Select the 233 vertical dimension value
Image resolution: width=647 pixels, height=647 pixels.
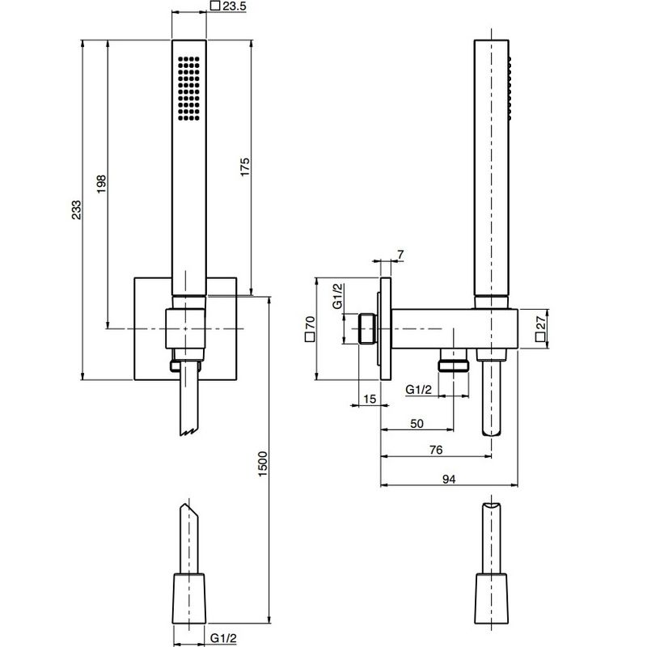tap(76, 209)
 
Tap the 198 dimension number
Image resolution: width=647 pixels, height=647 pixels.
tap(101, 184)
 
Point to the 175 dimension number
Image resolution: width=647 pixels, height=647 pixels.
tap(245, 167)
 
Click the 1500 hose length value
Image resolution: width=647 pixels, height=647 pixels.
tap(262, 463)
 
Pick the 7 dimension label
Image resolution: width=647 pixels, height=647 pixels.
tap(400, 255)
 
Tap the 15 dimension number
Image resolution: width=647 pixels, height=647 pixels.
tap(370, 399)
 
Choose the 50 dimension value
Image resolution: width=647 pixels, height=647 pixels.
tap(417, 424)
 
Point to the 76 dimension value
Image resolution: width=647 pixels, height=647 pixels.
tap(436, 450)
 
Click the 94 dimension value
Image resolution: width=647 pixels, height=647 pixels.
tap(449, 479)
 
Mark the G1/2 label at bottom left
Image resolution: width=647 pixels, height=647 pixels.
tap(223, 638)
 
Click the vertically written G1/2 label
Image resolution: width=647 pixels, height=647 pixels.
tap(337, 296)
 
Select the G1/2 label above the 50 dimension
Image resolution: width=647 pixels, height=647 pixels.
tap(418, 389)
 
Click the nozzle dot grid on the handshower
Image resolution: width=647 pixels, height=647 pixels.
tap(188, 88)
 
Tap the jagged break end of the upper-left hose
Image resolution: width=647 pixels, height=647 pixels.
tap(189, 432)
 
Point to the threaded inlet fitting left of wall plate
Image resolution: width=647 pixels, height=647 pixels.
tap(367, 329)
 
